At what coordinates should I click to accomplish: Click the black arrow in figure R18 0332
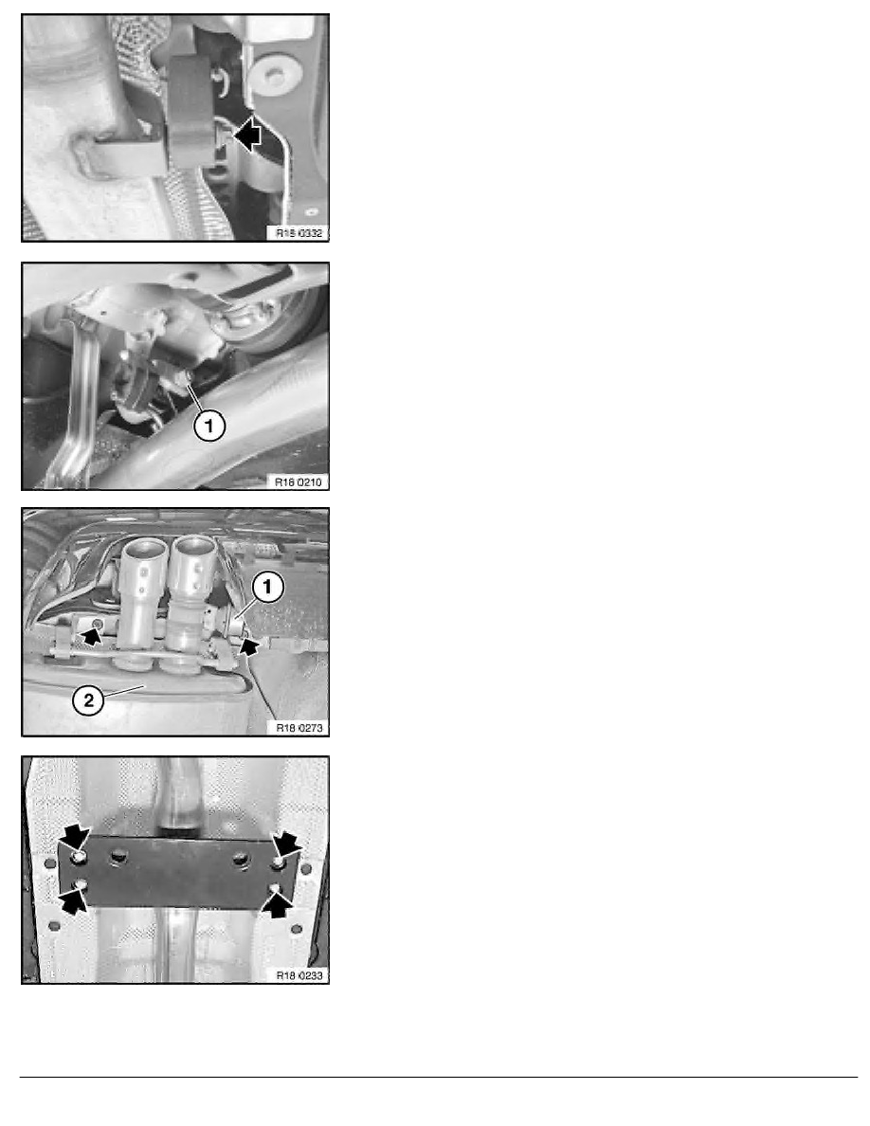247,135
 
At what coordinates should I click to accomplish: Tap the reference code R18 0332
299,232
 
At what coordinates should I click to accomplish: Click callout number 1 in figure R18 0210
208,427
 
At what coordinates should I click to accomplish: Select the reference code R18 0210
299,481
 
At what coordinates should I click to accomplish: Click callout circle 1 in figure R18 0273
268,588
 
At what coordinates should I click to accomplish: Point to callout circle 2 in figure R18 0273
88,700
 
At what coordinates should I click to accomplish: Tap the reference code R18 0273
299,728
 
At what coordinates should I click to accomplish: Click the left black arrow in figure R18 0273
91,634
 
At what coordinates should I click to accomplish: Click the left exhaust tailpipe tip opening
146,550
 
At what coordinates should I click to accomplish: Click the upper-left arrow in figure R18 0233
75,837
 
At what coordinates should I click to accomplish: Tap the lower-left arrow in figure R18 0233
74,898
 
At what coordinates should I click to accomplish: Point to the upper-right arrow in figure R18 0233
287,843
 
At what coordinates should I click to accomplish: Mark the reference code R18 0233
299,975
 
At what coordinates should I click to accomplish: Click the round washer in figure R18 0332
274,74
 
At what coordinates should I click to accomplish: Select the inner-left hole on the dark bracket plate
118,857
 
